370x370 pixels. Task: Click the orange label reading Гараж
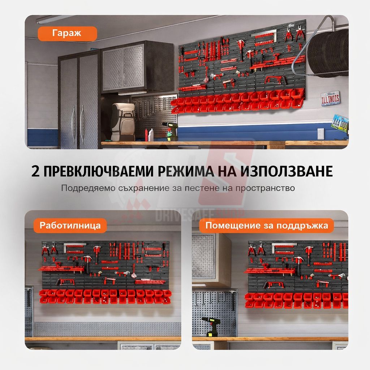(67, 34)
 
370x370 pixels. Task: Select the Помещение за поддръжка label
(266, 226)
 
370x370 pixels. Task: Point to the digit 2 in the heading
(35, 171)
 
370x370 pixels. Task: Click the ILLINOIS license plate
(330, 98)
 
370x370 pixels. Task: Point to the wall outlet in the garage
(321, 133)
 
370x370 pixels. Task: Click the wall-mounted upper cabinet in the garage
(137, 66)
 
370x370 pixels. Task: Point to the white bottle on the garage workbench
(151, 135)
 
